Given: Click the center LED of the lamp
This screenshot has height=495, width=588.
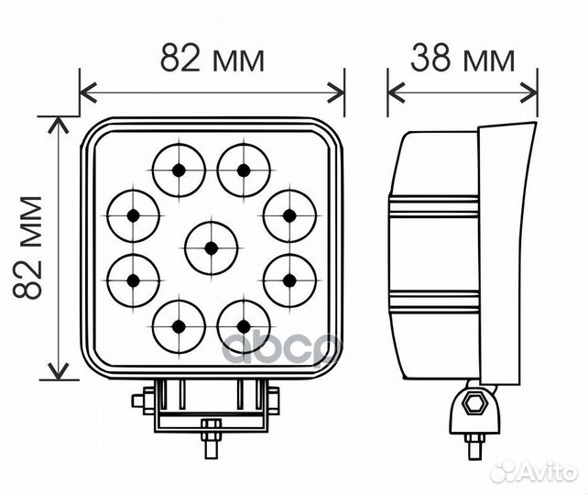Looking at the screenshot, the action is point(212,248).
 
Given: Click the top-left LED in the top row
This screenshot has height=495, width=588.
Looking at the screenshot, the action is point(179,170).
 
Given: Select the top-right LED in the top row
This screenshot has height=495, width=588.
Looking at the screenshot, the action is point(244,170).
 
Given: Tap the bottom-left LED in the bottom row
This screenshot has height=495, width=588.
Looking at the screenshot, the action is point(179,327).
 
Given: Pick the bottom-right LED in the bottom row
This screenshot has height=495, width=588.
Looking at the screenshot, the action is point(244,327).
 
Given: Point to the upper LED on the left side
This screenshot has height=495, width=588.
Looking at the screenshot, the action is point(133,215).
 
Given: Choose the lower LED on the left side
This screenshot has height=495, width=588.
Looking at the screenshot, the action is point(133,280).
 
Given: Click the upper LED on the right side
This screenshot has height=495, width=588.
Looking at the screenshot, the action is point(289,215).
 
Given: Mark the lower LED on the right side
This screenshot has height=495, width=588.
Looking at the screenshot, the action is point(289,280).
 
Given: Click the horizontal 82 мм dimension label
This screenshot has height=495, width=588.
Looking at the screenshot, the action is point(212,58).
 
